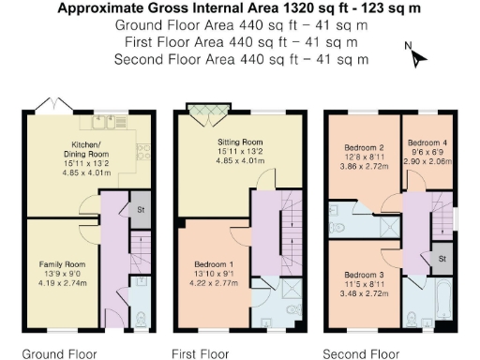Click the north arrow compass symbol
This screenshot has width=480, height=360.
tap(416, 55)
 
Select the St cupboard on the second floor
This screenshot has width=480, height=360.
tap(442, 258)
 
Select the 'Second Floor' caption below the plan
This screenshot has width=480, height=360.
tap(361, 353)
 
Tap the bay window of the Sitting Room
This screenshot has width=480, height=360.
tap(205, 113)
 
